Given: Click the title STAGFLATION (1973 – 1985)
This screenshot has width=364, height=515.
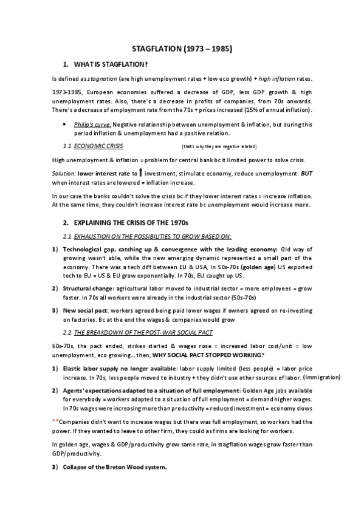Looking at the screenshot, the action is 183,47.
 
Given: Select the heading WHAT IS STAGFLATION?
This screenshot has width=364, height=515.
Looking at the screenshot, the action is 110,64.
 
